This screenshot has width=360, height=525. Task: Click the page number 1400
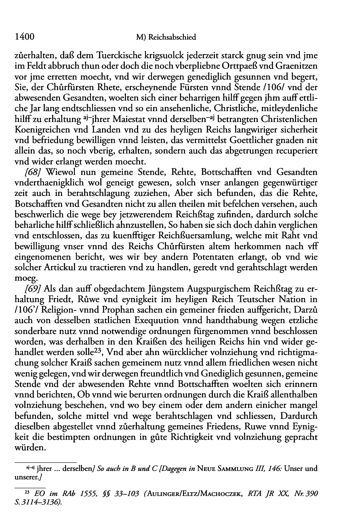coord(23,37)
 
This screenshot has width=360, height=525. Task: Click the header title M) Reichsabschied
coord(166,38)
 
